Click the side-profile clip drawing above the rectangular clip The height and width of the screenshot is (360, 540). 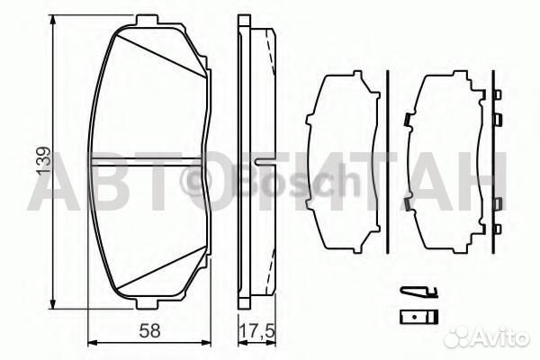pos(418,290)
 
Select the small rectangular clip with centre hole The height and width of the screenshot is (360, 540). pos(418,316)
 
